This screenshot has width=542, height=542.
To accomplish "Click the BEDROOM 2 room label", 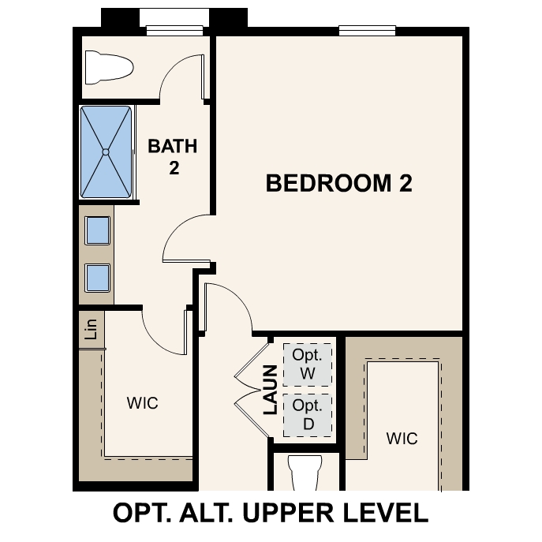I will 339,184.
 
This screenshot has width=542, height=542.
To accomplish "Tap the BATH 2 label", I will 173,156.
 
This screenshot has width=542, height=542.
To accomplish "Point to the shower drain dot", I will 105,151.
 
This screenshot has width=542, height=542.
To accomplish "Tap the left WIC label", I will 143,403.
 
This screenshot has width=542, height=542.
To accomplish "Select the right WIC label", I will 402,438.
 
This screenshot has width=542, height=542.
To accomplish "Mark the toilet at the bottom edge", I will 305,473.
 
